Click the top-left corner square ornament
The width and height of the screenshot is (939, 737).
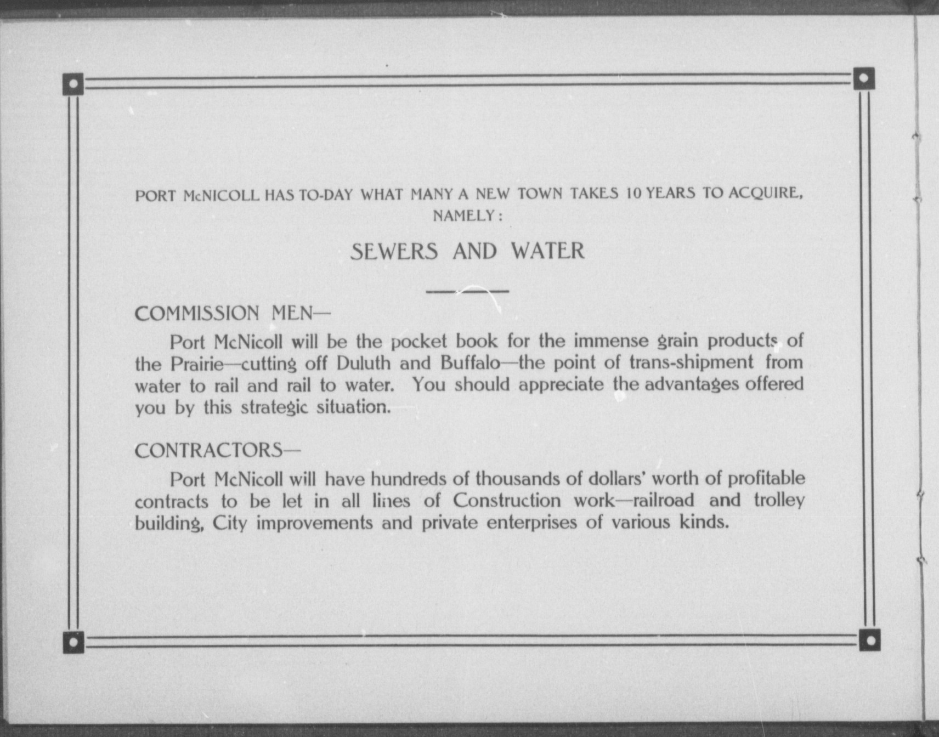[x=73, y=84]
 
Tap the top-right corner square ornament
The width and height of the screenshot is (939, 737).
[x=864, y=78]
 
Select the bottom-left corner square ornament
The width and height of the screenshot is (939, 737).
[x=73, y=642]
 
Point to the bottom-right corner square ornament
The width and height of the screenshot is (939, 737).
[x=869, y=640]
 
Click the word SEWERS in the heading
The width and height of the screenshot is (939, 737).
[x=394, y=252]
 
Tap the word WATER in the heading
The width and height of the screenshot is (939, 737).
[x=547, y=251]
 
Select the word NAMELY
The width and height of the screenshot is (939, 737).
[x=464, y=216]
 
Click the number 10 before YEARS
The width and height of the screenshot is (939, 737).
[x=634, y=193]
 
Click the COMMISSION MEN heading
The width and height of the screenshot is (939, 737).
[x=233, y=314]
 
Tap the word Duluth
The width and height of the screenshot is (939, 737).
[x=363, y=364]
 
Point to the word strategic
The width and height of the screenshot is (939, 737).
[x=274, y=408]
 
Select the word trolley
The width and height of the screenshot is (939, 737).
[x=779, y=500]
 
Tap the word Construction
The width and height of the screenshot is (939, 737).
[x=507, y=501]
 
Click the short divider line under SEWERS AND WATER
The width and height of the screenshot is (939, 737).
[x=467, y=291]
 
